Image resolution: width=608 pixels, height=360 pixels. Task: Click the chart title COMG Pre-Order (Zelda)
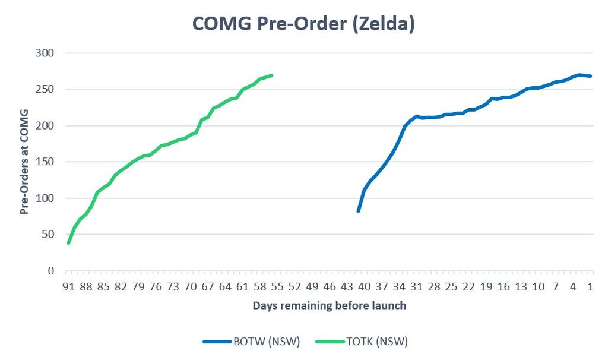point(303,24)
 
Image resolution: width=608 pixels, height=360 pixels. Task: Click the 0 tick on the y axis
point(50,271)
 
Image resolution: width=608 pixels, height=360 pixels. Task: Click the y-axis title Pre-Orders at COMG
point(24,162)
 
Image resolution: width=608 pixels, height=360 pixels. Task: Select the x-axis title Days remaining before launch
point(330,305)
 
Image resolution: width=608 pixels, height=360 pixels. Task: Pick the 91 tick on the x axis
point(68,287)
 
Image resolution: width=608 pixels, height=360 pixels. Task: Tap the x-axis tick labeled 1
point(590,287)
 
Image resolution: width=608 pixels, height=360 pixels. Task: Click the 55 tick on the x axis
point(277,287)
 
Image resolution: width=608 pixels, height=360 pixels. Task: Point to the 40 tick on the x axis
point(364,287)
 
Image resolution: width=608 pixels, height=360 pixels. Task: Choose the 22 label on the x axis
point(468,287)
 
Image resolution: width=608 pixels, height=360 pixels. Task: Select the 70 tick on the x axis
point(190,287)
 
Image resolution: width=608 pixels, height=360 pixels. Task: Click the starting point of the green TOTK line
point(69,243)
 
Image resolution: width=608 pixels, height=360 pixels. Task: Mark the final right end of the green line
point(271,75)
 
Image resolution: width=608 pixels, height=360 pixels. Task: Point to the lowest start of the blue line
point(358,211)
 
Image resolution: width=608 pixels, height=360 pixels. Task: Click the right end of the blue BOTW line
point(590,76)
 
